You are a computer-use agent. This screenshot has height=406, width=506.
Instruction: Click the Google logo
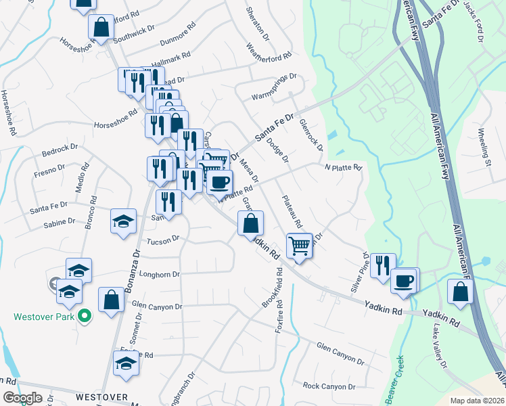point(22,399)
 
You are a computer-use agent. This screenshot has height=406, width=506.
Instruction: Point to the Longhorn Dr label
point(157,275)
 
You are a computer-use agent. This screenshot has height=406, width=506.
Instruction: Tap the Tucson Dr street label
point(162,239)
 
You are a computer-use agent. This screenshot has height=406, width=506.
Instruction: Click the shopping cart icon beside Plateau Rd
point(299,246)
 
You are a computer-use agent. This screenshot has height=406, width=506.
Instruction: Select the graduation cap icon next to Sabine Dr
point(123,223)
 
